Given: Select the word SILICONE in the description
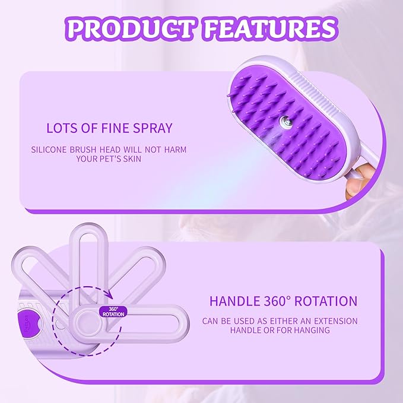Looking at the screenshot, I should [54, 150].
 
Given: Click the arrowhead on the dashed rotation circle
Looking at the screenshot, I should [109, 293].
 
